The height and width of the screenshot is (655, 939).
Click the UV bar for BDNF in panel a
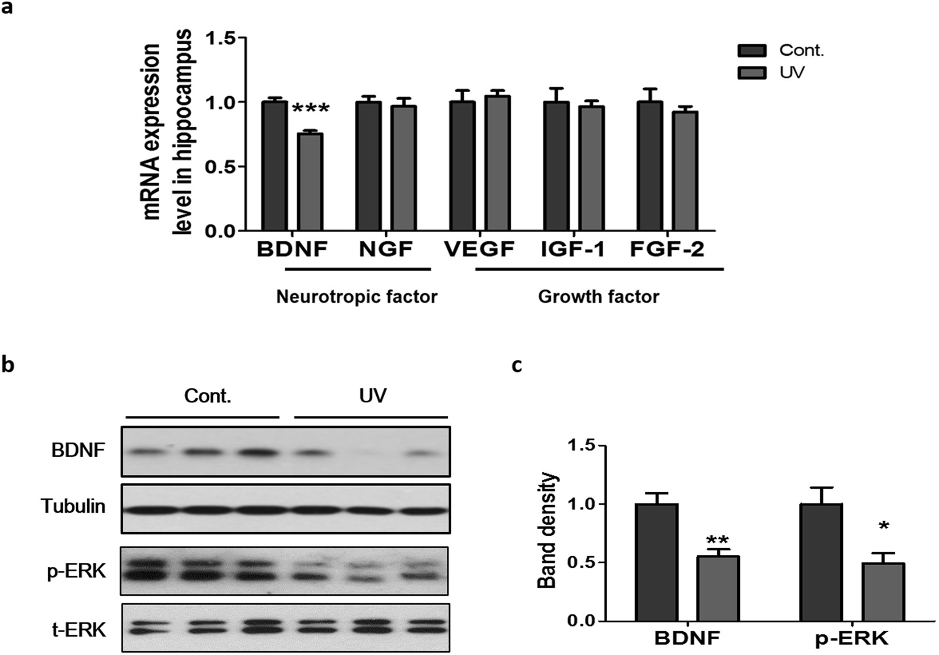tap(311, 182)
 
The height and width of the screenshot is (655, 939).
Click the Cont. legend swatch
tap(752, 51)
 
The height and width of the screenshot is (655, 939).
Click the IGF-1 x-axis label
tap(572, 249)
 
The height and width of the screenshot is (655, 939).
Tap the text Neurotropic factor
tap(357, 296)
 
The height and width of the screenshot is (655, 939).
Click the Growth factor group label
tap(599, 296)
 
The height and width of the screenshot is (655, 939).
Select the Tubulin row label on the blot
tap(73, 506)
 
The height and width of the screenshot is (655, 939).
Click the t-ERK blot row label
tap(79, 629)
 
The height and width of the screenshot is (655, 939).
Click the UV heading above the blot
tap(373, 396)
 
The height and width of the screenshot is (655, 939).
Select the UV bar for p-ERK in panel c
tap(883, 592)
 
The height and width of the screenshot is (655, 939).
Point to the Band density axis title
tap(548, 530)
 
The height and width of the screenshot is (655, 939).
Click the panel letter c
tap(516, 365)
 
